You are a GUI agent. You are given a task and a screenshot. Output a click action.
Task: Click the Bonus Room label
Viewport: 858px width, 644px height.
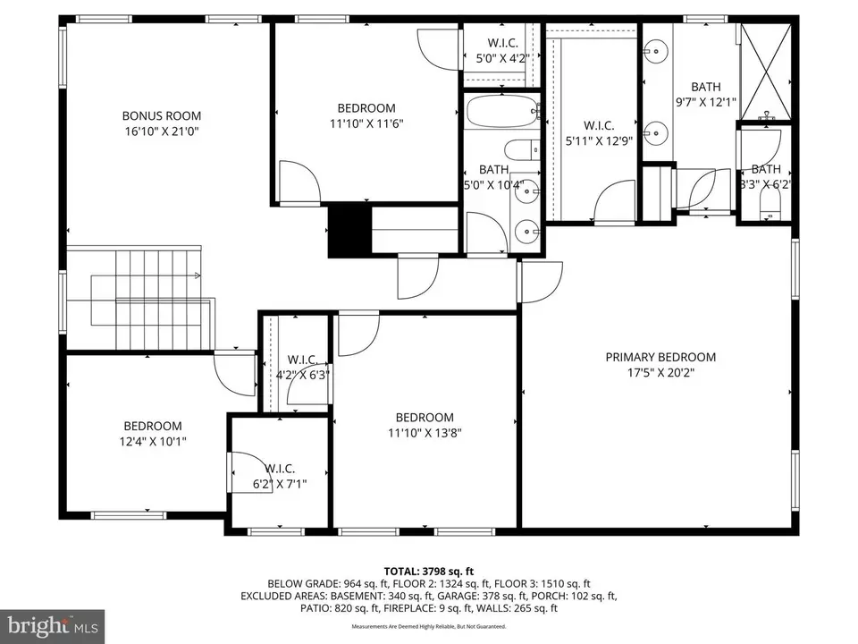[161, 115]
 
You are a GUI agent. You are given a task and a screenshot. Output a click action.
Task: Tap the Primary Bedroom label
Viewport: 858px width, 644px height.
[660, 357]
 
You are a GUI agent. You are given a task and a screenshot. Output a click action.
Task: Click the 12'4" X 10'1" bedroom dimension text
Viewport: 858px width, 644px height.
[152, 441]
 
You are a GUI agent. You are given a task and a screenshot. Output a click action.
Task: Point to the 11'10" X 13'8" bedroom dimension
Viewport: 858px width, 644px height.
[425, 433]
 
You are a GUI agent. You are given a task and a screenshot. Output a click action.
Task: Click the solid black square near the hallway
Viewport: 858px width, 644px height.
[349, 230]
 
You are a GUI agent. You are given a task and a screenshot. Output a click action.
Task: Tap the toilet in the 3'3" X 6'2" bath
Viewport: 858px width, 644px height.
[769, 210]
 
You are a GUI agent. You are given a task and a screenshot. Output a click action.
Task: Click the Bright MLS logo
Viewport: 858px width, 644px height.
[52, 624]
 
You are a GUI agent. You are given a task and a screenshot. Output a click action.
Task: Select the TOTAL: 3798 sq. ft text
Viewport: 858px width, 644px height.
[428, 570]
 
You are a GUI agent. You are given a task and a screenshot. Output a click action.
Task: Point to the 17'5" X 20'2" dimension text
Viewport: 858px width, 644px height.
[660, 372]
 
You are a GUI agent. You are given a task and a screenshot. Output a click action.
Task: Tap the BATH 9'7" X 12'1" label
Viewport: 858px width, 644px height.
[705, 94]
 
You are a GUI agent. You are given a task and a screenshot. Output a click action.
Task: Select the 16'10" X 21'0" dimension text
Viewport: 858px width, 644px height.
[161, 131]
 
